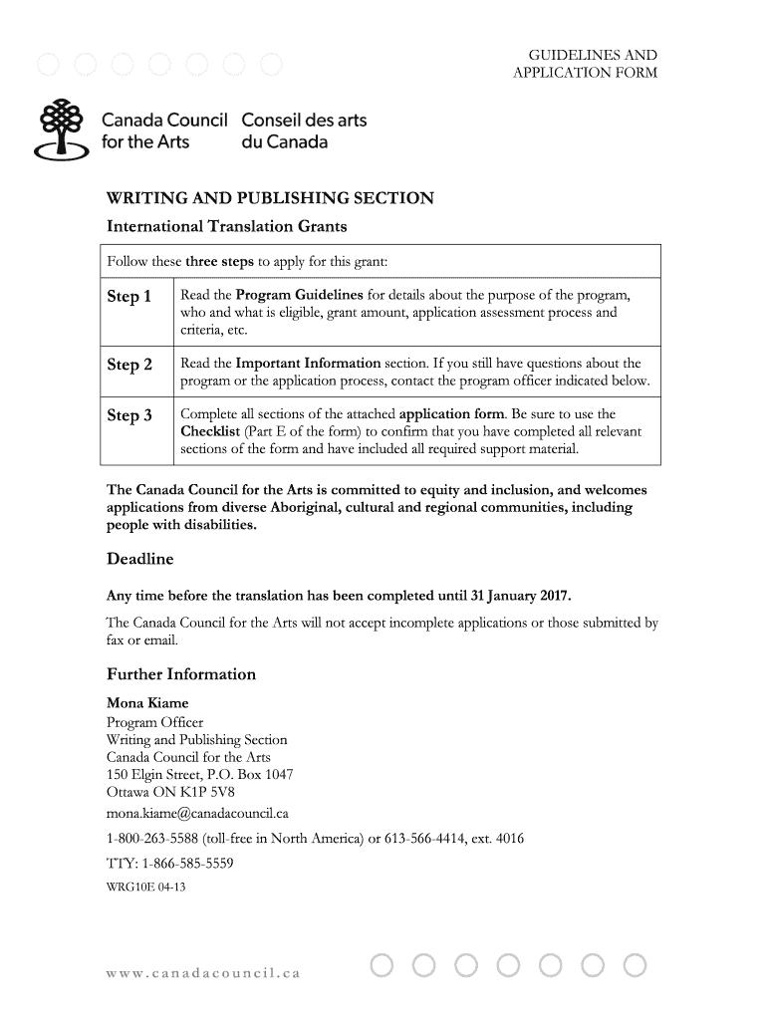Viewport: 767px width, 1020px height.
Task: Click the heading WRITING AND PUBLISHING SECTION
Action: [x=270, y=198]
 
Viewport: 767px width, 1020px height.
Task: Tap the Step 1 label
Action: [x=129, y=297]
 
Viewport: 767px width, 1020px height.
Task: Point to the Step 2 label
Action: [x=129, y=365]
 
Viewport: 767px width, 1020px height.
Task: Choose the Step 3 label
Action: [x=129, y=415]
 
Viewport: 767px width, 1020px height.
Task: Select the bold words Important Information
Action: [x=308, y=364]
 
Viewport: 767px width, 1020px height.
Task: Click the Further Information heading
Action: [x=180, y=674]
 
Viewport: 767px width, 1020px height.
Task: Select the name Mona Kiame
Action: [x=146, y=703]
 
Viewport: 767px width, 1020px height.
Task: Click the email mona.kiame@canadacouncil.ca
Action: [x=197, y=813]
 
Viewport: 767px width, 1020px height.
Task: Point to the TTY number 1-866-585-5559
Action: [x=187, y=864]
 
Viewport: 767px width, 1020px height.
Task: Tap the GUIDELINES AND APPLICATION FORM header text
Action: [x=585, y=64]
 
